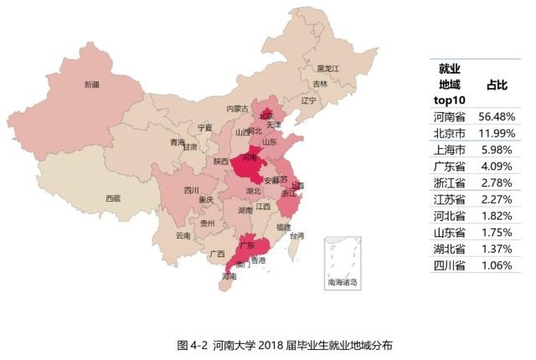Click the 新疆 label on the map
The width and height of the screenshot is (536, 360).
tap(91, 85)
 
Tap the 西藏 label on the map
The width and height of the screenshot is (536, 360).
tap(112, 198)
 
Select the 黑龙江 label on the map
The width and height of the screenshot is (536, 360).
tap(327, 68)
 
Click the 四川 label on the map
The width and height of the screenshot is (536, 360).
tap(192, 190)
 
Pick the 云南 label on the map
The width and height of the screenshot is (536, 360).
tap(183, 235)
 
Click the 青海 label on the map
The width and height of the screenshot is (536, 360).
tap(177, 142)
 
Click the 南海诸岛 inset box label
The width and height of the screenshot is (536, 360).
tap(343, 282)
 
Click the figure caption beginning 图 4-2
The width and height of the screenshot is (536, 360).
tap(285, 345)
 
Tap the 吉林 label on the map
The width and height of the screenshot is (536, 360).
tap(320, 84)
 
